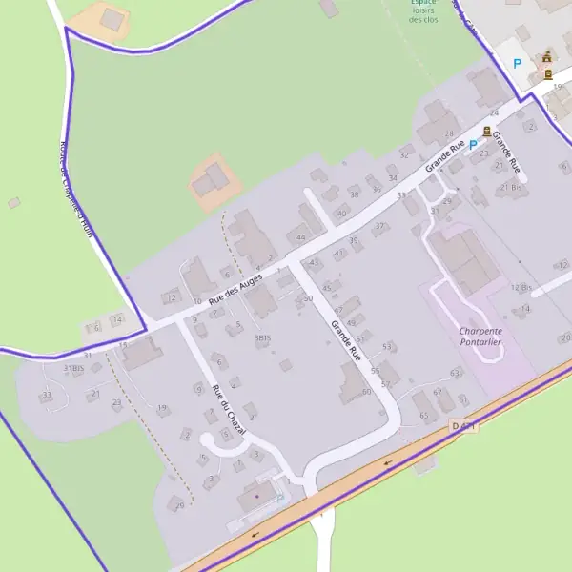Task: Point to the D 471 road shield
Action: [463, 426]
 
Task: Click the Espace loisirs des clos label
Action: [423, 10]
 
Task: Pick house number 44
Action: [301, 237]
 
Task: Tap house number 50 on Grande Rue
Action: [308, 299]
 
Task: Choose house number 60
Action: [366, 392]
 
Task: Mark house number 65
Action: [423, 416]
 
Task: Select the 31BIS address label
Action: [74, 368]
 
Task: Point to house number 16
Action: [93, 328]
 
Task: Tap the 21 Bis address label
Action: [512, 187]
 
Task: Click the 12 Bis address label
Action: [521, 288]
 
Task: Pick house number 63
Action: [455, 373]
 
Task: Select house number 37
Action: [379, 226]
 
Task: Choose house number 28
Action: [449, 134]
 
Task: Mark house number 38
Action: [355, 194]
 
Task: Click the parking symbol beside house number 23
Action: [472, 145]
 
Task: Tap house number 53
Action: [387, 346]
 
